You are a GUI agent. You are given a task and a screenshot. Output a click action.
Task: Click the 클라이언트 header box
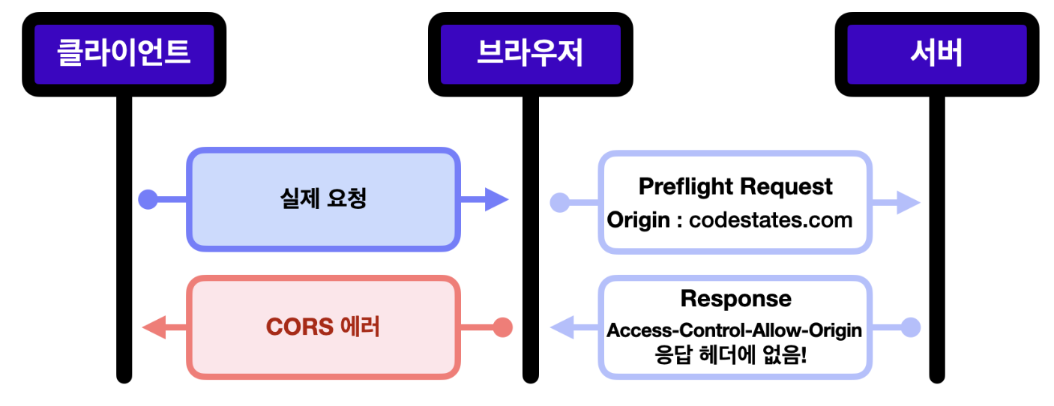(x=124, y=54)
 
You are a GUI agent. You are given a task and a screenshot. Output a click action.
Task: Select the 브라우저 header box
(x=530, y=54)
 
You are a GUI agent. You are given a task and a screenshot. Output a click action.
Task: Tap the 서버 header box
(x=937, y=54)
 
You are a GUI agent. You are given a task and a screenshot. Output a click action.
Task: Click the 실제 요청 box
(x=323, y=199)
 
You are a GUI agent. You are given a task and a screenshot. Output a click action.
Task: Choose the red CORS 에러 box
(x=323, y=327)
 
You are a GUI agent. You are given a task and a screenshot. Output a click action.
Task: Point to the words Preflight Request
(x=735, y=187)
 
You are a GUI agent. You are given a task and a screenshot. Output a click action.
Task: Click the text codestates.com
(x=771, y=219)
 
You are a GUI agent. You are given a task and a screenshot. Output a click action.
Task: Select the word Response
(x=736, y=298)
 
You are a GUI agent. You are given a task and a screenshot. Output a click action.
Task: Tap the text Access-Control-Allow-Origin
(x=735, y=330)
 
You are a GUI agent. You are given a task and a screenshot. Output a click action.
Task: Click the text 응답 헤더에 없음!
(x=731, y=354)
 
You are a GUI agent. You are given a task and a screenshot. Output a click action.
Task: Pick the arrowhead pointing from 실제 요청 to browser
(x=496, y=199)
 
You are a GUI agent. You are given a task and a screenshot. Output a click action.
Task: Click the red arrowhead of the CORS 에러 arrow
(x=154, y=327)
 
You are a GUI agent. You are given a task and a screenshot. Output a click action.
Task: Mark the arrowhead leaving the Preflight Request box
(x=908, y=202)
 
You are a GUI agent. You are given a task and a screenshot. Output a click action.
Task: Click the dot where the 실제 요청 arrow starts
(x=148, y=199)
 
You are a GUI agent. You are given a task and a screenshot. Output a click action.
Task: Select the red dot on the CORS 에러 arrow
(x=502, y=327)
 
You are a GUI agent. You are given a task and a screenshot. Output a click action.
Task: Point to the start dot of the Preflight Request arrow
(x=560, y=202)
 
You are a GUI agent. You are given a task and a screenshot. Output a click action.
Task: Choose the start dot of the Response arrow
(x=911, y=327)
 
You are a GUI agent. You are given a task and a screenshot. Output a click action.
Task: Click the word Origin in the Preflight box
(x=638, y=220)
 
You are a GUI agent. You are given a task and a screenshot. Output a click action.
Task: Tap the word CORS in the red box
(x=300, y=327)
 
